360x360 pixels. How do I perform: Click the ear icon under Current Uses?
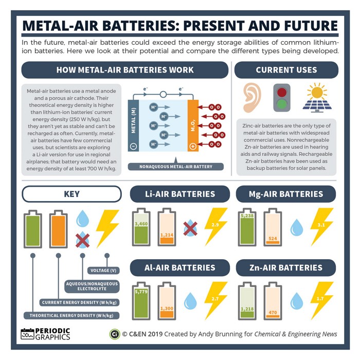252,98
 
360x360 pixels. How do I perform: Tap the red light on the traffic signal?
282,92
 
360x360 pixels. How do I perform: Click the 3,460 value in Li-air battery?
141,224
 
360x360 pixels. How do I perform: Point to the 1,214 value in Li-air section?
167,235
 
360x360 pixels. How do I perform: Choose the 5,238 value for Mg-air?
247,215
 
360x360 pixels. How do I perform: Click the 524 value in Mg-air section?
273,239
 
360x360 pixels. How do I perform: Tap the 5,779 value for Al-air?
141,292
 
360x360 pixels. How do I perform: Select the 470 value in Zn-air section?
273,313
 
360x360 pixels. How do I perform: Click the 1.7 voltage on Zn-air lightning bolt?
320,299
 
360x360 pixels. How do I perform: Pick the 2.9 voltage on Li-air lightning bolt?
215,225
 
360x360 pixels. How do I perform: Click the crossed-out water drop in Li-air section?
190,228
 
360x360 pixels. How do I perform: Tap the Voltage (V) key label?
103,271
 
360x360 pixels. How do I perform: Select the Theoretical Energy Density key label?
71,315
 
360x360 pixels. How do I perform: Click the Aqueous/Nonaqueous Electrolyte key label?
92,286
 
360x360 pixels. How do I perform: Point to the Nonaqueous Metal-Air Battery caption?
176,167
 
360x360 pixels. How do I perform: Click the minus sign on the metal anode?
133,146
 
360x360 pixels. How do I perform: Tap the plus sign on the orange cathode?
193,146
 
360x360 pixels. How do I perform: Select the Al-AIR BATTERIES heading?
180,268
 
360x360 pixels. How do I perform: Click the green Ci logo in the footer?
115,334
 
